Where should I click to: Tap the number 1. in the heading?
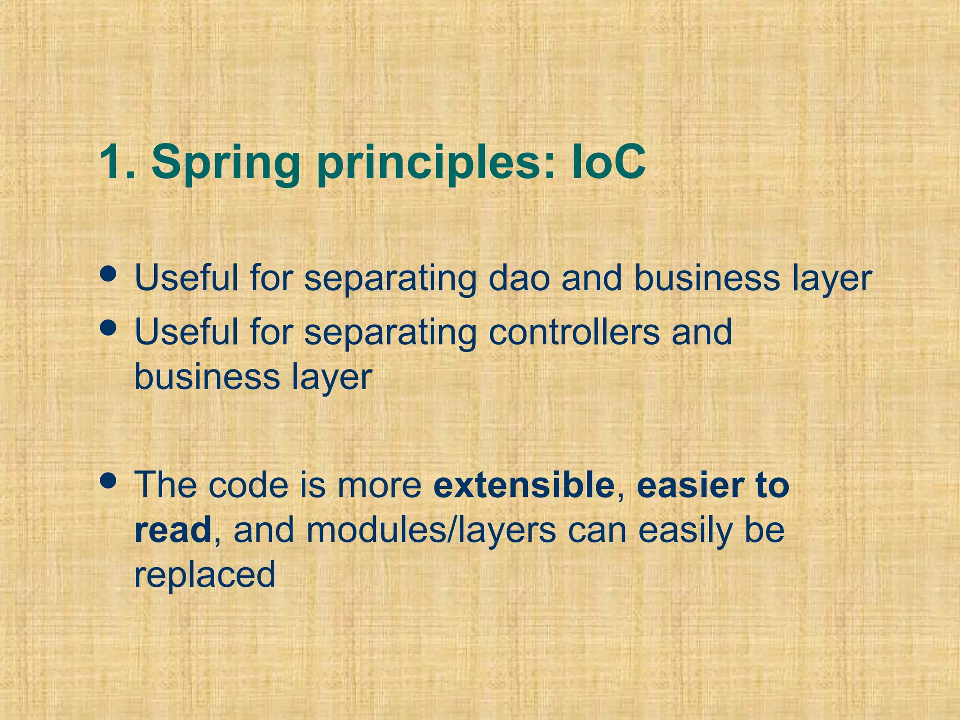click(117, 162)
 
